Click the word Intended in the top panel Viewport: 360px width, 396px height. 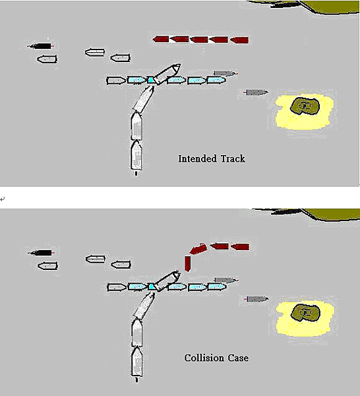(x=198, y=159)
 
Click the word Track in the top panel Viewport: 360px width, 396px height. (x=233, y=159)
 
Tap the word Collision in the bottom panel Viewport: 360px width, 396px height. (x=204, y=358)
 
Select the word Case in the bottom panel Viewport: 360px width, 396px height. (x=238, y=358)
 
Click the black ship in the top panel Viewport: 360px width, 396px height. (x=40, y=46)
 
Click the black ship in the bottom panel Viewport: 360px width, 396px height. (x=41, y=253)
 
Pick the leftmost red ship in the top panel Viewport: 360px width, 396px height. (x=161, y=39)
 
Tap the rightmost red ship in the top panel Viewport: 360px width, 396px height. (x=239, y=40)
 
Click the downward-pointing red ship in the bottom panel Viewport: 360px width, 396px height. (x=187, y=264)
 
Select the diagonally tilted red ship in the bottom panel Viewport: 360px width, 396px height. (x=198, y=249)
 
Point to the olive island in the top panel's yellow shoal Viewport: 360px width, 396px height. (x=305, y=106)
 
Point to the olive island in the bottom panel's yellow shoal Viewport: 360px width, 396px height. (x=305, y=312)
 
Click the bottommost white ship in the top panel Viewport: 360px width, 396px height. (x=136, y=155)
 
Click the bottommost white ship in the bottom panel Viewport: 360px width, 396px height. (x=137, y=362)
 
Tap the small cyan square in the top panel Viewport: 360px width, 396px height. (x=151, y=80)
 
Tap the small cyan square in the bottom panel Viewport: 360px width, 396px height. (x=152, y=286)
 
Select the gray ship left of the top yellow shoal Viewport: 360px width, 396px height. (x=256, y=92)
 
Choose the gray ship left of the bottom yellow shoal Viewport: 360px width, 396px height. (x=256, y=299)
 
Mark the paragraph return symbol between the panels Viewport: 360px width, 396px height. (x=3, y=199)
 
